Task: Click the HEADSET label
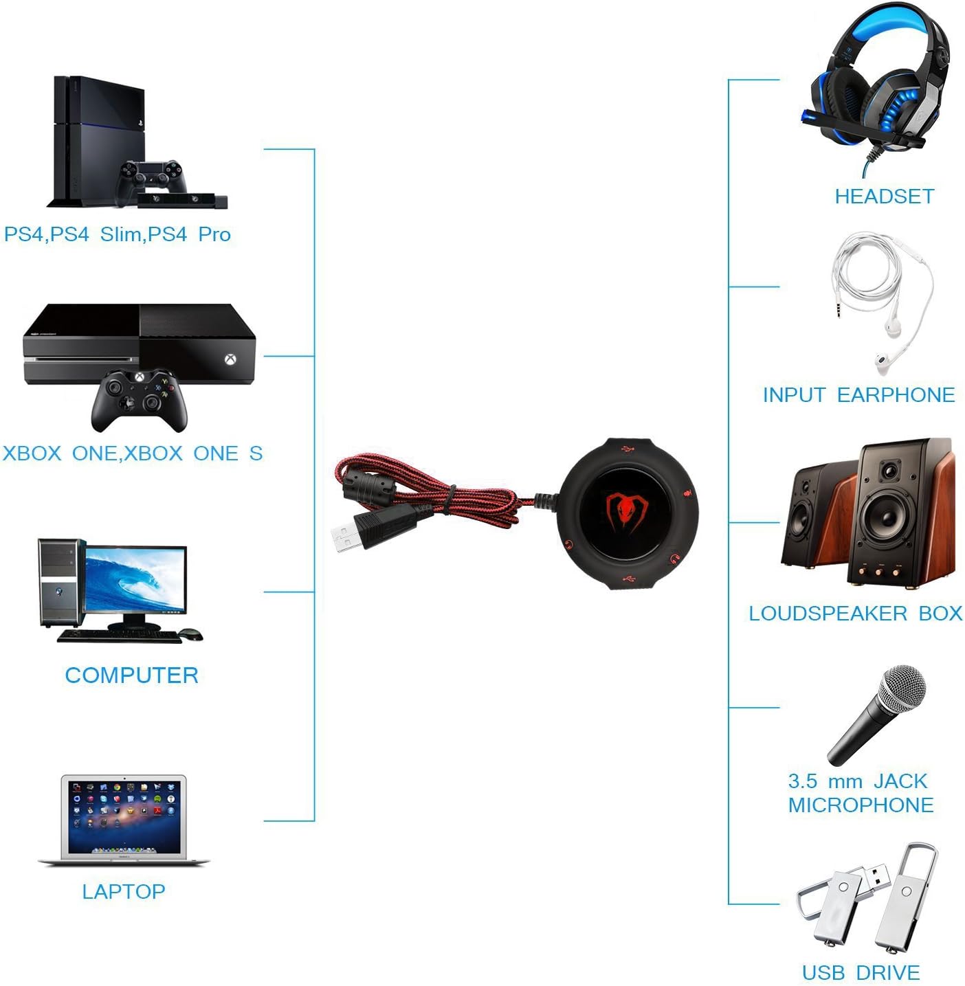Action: pyautogui.click(x=884, y=197)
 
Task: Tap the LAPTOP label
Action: pyautogui.click(x=124, y=891)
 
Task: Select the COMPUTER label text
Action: pyautogui.click(x=131, y=675)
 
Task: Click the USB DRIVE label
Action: pyautogui.click(x=861, y=972)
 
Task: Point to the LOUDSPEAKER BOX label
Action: pyautogui.click(x=855, y=613)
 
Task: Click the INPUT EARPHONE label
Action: pyautogui.click(x=858, y=395)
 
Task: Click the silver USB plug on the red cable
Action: pyautogui.click(x=347, y=537)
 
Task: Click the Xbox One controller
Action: pyautogui.click(x=140, y=399)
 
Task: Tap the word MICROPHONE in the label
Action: pyautogui.click(x=861, y=805)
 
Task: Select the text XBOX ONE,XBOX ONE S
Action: pyautogui.click(x=133, y=453)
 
